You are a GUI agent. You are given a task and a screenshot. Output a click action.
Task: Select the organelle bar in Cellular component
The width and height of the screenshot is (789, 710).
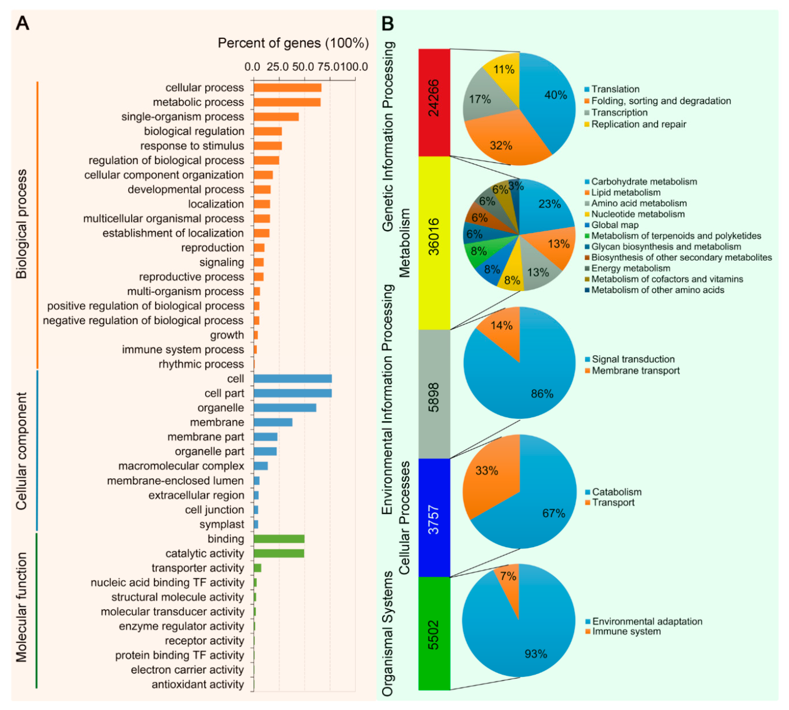click(285, 408)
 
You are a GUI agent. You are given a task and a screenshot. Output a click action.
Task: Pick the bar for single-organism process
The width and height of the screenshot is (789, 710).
click(276, 117)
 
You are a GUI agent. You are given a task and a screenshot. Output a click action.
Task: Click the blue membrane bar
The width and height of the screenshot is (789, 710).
click(273, 422)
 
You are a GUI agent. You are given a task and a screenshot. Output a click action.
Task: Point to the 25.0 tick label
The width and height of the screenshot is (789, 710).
click(277, 67)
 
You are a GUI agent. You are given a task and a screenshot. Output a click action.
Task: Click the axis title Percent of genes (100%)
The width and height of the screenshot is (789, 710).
click(293, 43)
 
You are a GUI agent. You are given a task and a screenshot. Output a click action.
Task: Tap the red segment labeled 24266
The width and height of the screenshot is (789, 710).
click(434, 102)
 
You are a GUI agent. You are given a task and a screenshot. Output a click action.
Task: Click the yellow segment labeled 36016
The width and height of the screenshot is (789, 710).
click(434, 243)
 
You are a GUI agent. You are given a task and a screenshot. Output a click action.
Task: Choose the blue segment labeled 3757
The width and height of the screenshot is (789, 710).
click(434, 518)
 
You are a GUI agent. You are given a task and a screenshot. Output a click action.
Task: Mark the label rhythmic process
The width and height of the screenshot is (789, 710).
click(201, 364)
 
